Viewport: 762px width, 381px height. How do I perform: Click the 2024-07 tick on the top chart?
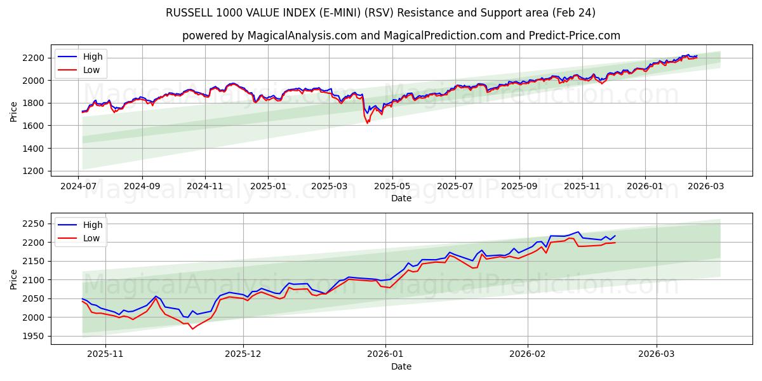[x=78, y=187]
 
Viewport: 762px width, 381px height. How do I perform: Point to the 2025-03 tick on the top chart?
[x=329, y=187]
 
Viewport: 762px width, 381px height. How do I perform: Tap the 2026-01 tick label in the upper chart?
[x=645, y=187]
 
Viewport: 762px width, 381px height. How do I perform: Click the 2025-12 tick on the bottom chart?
[x=244, y=355]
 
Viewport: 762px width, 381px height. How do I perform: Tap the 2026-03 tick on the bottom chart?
[x=656, y=355]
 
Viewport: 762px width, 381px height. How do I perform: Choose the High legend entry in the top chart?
[x=93, y=57]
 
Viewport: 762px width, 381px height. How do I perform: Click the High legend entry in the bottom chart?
[x=93, y=224]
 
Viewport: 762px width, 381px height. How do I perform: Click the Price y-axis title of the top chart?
[x=14, y=112]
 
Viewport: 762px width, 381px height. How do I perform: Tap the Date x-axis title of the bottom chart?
[x=401, y=366]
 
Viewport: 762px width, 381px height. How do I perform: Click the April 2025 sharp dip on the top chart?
[x=367, y=123]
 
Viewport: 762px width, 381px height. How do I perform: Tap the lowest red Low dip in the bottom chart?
[x=192, y=328]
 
